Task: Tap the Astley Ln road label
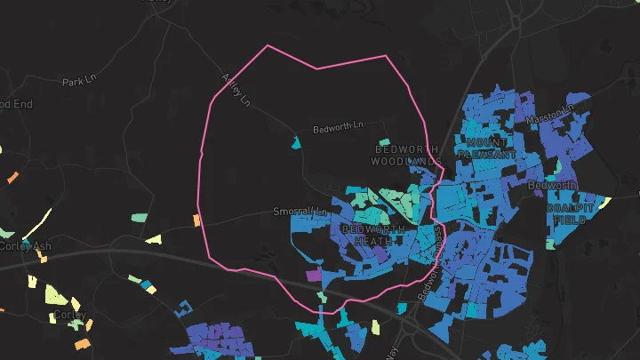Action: [x=235, y=90]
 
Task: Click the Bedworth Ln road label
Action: [x=339, y=129]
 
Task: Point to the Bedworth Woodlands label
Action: [x=406, y=155]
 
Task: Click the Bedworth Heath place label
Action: [x=372, y=235]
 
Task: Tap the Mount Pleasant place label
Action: [x=486, y=148]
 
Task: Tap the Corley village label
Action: [x=69, y=315]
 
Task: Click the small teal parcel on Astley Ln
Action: [x=296, y=142]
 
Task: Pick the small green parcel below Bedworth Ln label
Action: [x=384, y=142]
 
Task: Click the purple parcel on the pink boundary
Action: [x=314, y=276]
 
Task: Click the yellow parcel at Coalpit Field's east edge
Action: [x=604, y=203]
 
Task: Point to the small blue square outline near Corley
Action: [x=184, y=308]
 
